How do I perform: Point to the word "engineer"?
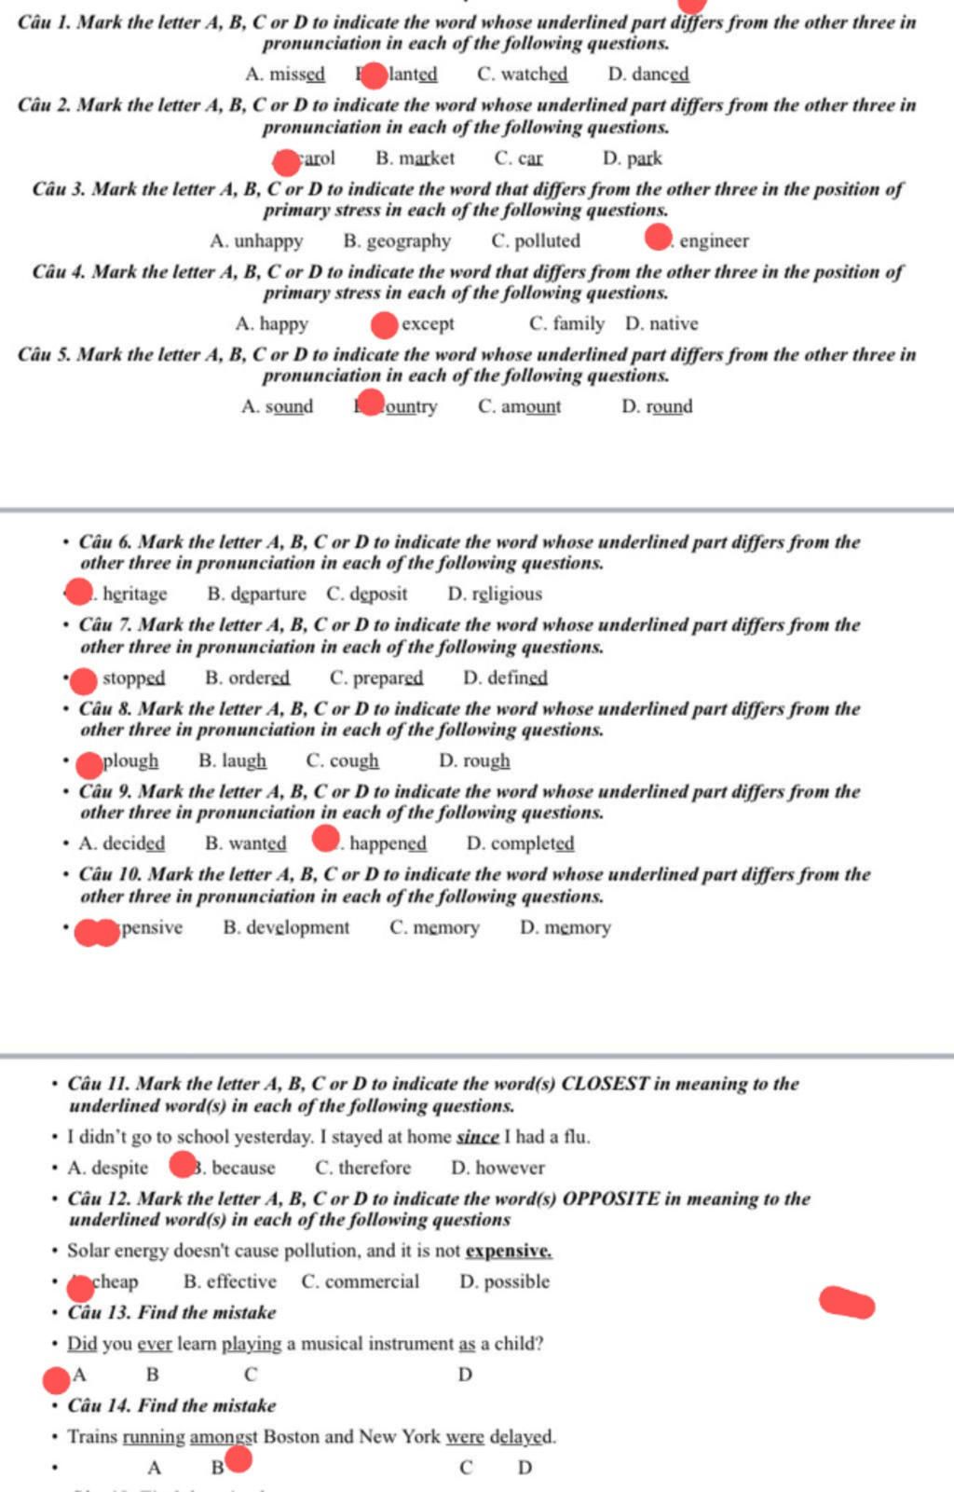tap(714, 241)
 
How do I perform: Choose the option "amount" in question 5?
tap(530, 407)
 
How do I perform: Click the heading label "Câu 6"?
tap(105, 542)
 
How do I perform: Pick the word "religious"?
tap(506, 595)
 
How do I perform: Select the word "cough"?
tap(354, 761)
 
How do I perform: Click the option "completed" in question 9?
tap(532, 844)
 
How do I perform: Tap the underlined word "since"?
tap(478, 1137)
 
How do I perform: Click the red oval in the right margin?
tap(847, 1303)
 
